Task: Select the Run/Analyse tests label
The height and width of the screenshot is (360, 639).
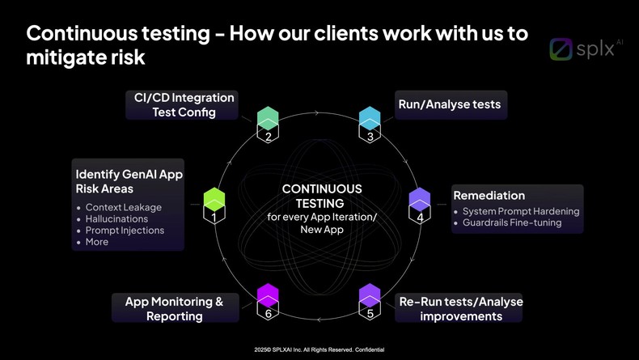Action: click(x=450, y=104)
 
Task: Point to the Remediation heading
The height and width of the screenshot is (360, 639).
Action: click(x=489, y=196)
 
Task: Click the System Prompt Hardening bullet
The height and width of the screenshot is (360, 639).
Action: click(x=521, y=211)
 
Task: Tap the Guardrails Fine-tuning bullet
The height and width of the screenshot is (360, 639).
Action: click(x=512, y=222)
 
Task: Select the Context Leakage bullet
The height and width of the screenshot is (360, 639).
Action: click(x=124, y=207)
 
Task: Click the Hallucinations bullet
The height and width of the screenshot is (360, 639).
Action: click(x=116, y=218)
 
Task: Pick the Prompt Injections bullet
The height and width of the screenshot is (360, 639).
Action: click(x=125, y=230)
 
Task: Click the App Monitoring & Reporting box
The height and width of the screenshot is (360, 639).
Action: click(x=174, y=308)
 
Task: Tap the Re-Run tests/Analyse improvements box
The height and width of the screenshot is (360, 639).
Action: click(x=460, y=308)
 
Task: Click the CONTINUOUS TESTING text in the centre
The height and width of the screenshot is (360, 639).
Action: click(x=321, y=196)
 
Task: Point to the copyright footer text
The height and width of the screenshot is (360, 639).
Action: click(x=319, y=349)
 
